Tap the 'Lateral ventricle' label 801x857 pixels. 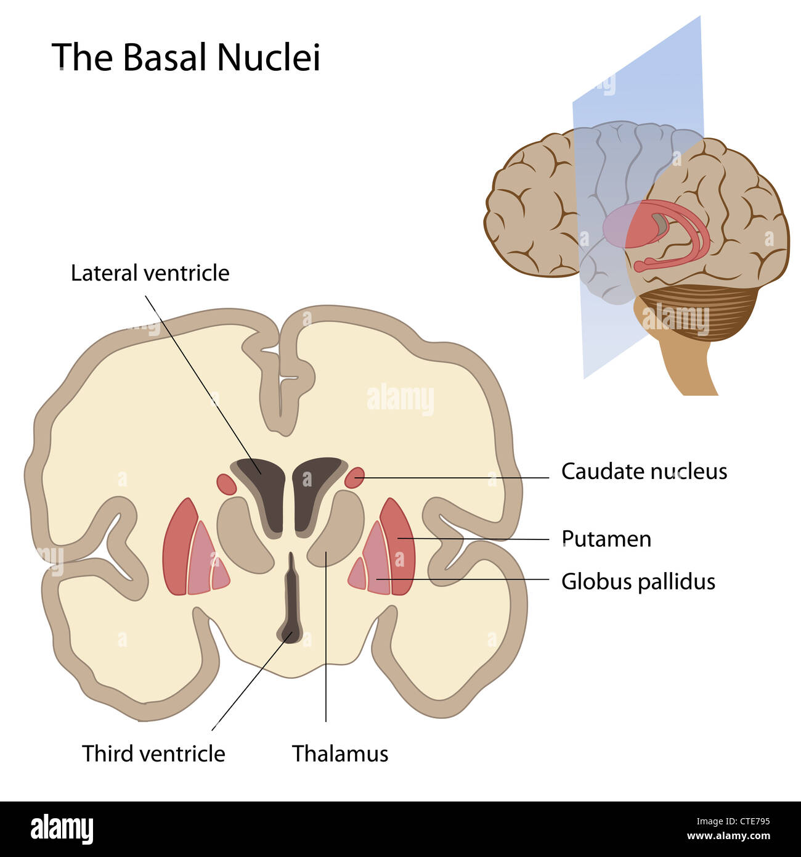pyautogui.click(x=150, y=273)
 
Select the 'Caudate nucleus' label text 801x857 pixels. pyautogui.click(x=644, y=472)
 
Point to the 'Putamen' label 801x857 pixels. pyautogui.click(x=606, y=539)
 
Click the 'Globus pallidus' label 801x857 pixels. pyautogui.click(x=638, y=581)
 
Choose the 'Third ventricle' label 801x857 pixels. pyautogui.click(x=153, y=753)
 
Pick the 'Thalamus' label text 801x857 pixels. pyautogui.click(x=340, y=753)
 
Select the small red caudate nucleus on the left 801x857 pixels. pyautogui.click(x=226, y=483)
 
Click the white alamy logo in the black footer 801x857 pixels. pyautogui.click(x=62, y=829)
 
